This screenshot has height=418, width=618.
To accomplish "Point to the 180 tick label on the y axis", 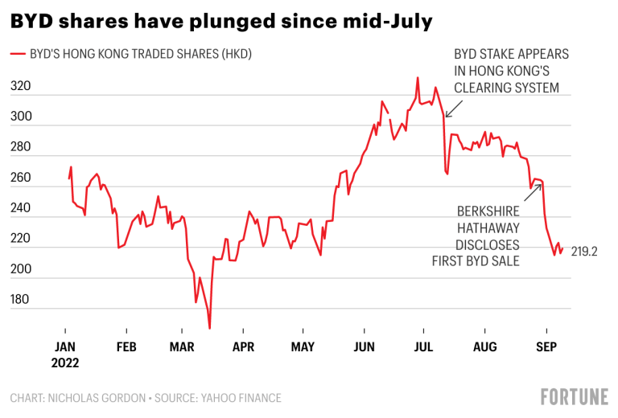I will [20, 300].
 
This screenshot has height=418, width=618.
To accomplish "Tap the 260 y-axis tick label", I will [20, 178].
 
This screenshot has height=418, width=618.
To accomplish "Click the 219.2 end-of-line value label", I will [585, 252].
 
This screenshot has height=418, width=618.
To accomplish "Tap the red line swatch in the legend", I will [18, 55].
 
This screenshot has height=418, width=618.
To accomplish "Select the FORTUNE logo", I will [574, 395].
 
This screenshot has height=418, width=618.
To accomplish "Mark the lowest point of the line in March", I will [210, 328].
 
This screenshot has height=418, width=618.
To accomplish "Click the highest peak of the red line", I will [418, 78].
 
